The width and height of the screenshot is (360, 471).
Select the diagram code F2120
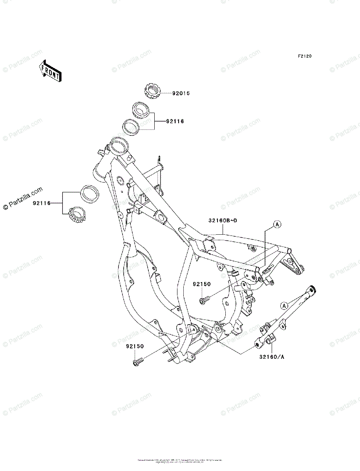click(x=304, y=57)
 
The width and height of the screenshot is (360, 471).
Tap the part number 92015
click(x=181, y=93)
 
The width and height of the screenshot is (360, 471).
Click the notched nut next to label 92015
click(x=154, y=91)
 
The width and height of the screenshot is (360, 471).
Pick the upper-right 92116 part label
click(x=175, y=122)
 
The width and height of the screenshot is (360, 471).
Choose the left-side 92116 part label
click(x=42, y=203)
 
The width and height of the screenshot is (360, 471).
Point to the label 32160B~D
click(x=223, y=221)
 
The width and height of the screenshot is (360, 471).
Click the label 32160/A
click(x=271, y=357)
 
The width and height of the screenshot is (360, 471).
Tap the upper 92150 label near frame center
click(x=201, y=284)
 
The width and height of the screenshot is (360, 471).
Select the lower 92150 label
click(x=135, y=347)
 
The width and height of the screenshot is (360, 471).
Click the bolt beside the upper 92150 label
click(x=203, y=301)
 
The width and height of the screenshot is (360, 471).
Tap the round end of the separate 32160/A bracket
click(x=313, y=290)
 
